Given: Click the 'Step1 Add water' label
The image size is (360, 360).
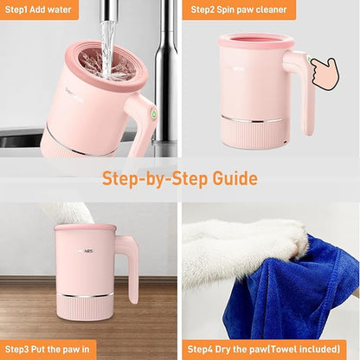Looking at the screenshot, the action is point(38,10).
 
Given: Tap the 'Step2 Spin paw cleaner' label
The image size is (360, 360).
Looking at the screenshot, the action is point(239,10).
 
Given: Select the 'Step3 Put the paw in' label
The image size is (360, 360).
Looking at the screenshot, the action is point(47,350).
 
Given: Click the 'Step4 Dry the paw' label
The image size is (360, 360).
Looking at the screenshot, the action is point(239,350).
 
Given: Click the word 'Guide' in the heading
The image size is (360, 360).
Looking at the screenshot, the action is point(235,178).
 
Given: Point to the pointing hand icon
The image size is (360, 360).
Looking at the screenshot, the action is point(325,73).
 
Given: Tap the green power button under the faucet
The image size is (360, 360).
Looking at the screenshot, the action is point(154,113).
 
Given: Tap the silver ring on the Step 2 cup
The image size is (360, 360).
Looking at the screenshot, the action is point(253,119).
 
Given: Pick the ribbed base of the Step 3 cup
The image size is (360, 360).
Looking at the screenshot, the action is point(85,308).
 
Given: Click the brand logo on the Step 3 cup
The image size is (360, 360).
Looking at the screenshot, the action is point(87,251).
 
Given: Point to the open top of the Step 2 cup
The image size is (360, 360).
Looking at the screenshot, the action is point(256,39).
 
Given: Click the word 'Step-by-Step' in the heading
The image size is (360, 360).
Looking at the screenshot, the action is point(155,179).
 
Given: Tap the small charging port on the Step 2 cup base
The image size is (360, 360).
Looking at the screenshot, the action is point(285,142).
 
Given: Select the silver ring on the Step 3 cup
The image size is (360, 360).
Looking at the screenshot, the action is point(85,295).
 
